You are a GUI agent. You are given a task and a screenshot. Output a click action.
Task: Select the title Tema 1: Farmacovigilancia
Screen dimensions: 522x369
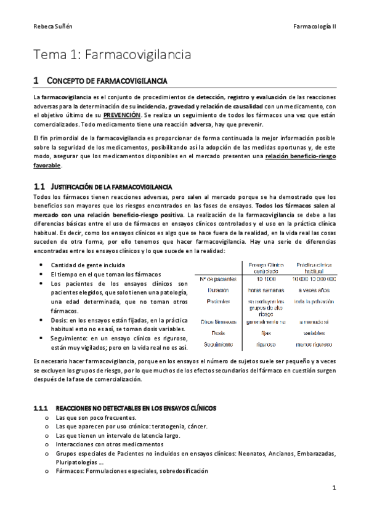[x=112, y=55]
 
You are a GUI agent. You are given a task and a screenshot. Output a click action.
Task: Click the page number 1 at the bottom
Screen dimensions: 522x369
[x=333, y=488]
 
